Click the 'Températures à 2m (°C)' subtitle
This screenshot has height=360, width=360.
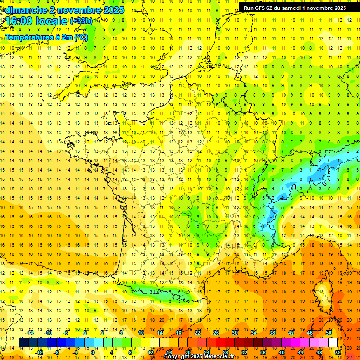45,37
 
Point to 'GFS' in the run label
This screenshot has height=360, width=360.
263,7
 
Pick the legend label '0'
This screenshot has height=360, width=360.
92,352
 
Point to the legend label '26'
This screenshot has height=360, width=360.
216,333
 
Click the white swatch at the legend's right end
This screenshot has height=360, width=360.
333,343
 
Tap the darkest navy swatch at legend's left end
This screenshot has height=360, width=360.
23,343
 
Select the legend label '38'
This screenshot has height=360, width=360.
272,333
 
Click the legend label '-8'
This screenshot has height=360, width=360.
57,352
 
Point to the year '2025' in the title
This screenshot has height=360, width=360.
110,10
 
